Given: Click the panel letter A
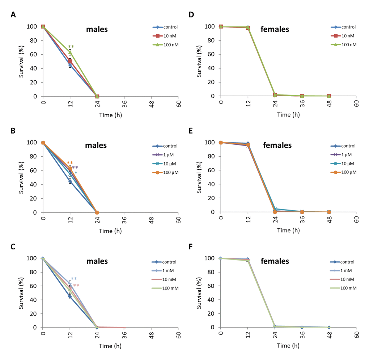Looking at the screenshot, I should (x=13, y=15).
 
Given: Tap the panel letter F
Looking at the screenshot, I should (x=191, y=247).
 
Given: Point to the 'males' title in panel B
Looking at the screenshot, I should (x=96, y=145).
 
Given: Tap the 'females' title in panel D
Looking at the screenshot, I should (x=275, y=29).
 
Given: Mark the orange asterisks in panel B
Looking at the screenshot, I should (x=70, y=163).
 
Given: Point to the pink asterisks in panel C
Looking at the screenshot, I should (x=76, y=286).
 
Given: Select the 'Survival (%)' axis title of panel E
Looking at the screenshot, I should (x=199, y=178).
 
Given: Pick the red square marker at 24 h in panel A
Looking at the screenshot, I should (x=97, y=96).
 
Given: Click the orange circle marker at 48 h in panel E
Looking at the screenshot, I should (x=329, y=212).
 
